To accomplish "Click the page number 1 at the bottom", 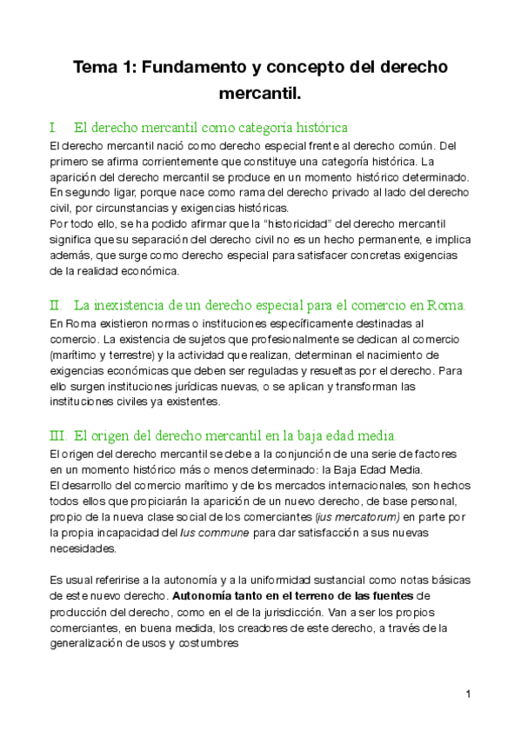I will point(468,694).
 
